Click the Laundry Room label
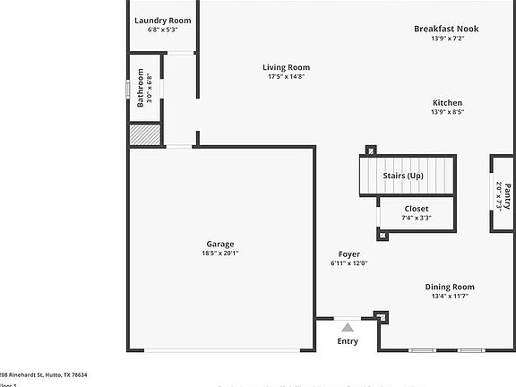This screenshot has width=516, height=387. pyautogui.click(x=162, y=20)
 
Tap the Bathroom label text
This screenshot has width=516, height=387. pyautogui.click(x=140, y=89)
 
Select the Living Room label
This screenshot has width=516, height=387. pyautogui.click(x=286, y=67)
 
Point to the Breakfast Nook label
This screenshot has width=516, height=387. pyautogui.click(x=445, y=29)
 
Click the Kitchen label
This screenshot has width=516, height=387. pyautogui.click(x=447, y=103)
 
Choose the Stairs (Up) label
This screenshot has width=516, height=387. pyautogui.click(x=402, y=176)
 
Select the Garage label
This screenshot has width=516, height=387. pyautogui.click(x=219, y=244)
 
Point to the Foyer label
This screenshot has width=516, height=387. pyautogui.click(x=348, y=254)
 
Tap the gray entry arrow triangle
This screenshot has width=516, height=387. pyautogui.click(x=348, y=328)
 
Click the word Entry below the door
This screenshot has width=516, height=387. pyautogui.click(x=348, y=341)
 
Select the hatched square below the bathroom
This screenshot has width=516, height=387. pyautogui.click(x=143, y=134)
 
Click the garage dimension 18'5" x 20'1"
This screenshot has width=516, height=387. pyautogui.click(x=219, y=254)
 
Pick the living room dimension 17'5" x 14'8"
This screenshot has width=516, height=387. pyautogui.click(x=286, y=77)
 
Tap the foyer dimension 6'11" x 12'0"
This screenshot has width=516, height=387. pyautogui.click(x=348, y=263)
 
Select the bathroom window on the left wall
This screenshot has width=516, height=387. pyautogui.click(x=127, y=89)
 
